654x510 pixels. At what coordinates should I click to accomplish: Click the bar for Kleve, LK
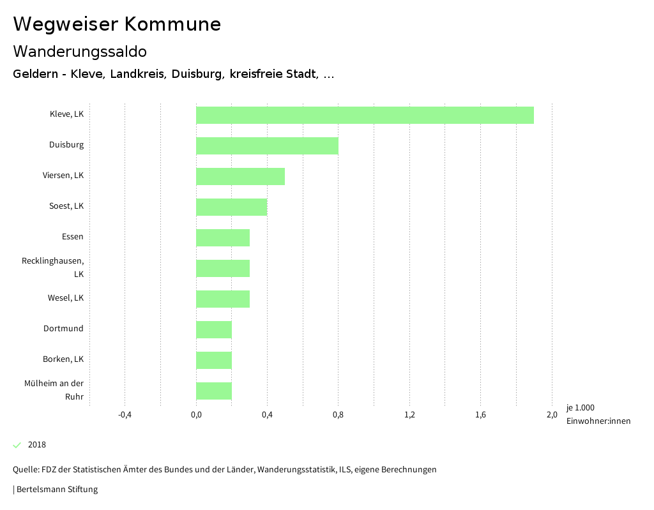pos(365,115)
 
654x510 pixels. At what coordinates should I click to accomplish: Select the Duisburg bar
pos(267,146)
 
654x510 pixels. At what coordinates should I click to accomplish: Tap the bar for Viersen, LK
pos(240,176)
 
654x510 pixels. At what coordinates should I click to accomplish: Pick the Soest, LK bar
pos(231,207)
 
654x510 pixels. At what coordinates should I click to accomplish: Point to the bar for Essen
pos(222,237)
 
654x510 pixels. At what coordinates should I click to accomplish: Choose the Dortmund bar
pos(213,329)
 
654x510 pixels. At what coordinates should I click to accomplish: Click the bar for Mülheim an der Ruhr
pos(213,391)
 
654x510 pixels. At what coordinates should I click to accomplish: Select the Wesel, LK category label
pos(65,298)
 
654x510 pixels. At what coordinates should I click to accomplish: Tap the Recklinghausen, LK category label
pos(53,267)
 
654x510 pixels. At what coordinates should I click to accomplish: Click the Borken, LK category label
pos(63,359)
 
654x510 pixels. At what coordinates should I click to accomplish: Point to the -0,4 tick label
pos(125,415)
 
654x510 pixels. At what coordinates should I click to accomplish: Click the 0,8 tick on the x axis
pos(338,415)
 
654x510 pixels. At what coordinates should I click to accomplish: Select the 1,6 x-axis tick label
pos(481,415)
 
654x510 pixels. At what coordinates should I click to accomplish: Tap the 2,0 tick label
pos(552,415)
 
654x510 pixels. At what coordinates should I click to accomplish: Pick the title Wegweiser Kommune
pos(117,24)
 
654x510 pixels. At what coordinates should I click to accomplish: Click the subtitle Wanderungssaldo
pos(80,51)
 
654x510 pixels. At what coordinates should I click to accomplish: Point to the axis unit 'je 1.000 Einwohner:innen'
pos(598,414)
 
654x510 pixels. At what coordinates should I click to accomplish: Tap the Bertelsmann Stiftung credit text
pos(57,490)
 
